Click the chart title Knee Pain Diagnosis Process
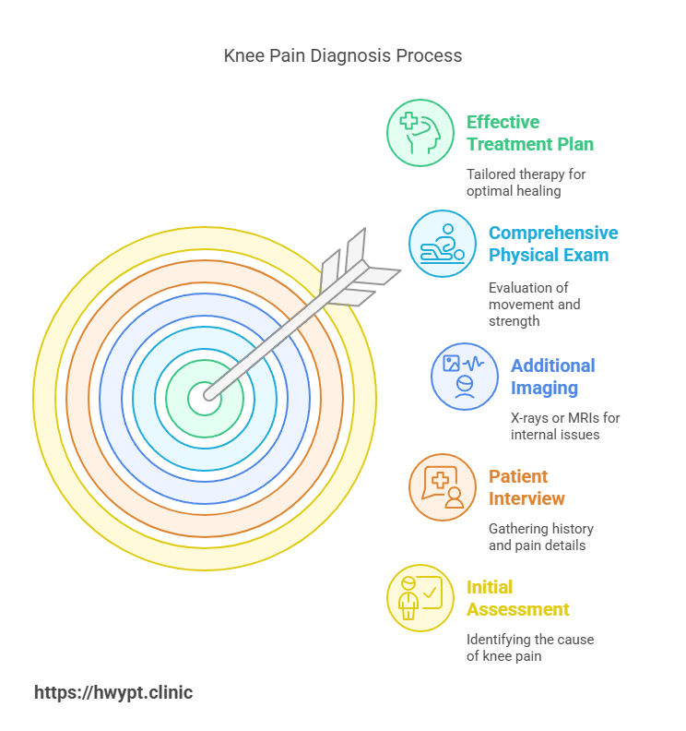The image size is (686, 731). [343, 56]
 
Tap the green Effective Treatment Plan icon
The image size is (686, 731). [420, 133]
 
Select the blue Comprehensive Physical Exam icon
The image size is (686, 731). [442, 244]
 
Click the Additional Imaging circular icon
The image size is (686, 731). [464, 376]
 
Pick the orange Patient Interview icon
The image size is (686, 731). [442, 487]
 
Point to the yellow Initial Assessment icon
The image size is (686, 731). [420, 598]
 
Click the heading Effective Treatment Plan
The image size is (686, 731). [529, 133]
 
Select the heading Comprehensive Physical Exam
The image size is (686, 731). [552, 244]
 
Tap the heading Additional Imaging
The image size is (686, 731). [552, 377]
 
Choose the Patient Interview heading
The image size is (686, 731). [526, 487]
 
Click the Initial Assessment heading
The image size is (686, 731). [517, 598]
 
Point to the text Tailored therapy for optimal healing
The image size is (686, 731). [526, 183]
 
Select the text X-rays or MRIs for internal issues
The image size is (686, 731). [565, 426]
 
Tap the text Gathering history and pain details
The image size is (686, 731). [540, 537]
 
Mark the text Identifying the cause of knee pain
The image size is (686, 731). [529, 648]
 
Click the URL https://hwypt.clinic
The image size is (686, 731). [113, 692]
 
